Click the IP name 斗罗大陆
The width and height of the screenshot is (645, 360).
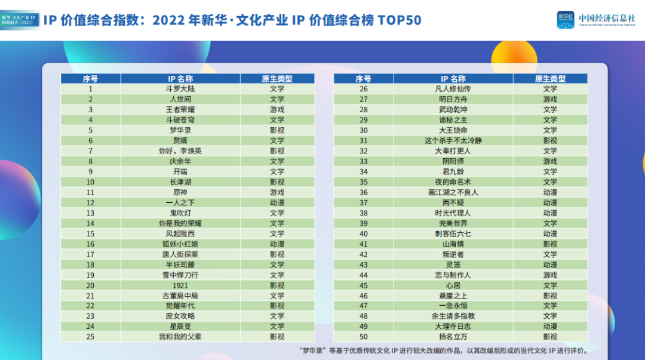click(x=180, y=89)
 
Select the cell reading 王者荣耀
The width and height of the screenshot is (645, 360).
click(x=180, y=109)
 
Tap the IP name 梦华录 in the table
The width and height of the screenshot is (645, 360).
click(x=180, y=130)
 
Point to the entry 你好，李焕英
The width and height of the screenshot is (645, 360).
click(x=180, y=151)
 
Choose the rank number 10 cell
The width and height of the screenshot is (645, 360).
click(x=91, y=182)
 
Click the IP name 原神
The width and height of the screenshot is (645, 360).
click(x=180, y=192)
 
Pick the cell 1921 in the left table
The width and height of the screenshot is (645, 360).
click(x=180, y=285)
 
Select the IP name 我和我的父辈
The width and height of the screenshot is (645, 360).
click(x=180, y=337)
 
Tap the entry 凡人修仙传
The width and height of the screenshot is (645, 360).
click(x=453, y=89)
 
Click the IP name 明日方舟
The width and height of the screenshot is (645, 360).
click(x=453, y=99)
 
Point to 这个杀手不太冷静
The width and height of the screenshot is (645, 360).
click(x=453, y=140)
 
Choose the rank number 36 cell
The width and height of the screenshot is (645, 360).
click(x=364, y=192)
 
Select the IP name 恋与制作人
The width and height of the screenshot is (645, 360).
click(x=453, y=275)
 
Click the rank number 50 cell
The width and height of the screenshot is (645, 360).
click(x=364, y=337)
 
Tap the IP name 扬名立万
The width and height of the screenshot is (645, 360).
click(x=453, y=337)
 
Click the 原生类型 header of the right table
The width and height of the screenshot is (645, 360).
click(x=550, y=79)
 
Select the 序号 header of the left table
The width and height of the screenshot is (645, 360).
click(x=91, y=79)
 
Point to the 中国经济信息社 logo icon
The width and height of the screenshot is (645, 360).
click(x=566, y=20)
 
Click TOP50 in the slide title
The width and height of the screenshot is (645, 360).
click(x=399, y=20)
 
